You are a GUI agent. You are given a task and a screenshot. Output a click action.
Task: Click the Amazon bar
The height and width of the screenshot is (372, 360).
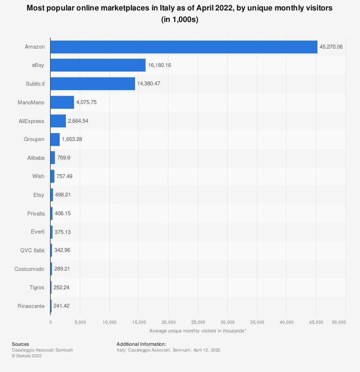[x=184, y=47]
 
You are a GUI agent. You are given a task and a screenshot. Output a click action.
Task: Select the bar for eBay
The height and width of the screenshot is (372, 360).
[x=98, y=65]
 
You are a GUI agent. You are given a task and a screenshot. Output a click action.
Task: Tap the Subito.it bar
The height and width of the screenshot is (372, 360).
[x=93, y=84]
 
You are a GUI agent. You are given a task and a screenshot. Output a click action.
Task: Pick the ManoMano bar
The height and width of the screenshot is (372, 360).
[x=62, y=102]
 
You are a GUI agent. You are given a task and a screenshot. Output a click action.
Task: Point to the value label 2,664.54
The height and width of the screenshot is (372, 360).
[x=78, y=121]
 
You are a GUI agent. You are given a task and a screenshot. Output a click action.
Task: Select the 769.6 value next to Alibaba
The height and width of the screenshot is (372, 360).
[x=64, y=158]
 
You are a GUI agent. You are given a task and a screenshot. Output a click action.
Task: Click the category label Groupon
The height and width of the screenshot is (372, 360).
[x=34, y=139]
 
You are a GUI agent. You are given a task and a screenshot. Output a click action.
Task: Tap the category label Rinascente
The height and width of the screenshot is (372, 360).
[x=31, y=306]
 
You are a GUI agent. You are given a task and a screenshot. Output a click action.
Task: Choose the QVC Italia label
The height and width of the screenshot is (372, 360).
[x=32, y=250]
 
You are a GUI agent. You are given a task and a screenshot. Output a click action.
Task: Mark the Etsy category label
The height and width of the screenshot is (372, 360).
[x=39, y=195]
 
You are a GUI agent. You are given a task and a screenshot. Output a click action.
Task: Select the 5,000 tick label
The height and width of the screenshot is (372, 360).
[x=80, y=322]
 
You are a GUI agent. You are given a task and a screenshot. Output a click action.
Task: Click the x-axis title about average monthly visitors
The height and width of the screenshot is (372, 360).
[x=198, y=331]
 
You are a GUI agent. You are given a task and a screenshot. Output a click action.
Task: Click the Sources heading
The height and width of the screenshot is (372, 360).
[x=20, y=344]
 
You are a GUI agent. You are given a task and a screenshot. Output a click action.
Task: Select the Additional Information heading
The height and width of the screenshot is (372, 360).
[x=141, y=344]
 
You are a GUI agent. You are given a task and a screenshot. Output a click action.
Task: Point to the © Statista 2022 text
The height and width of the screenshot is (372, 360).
[x=27, y=356]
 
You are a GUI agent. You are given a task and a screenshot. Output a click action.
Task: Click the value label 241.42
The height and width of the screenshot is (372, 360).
[x=62, y=306]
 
